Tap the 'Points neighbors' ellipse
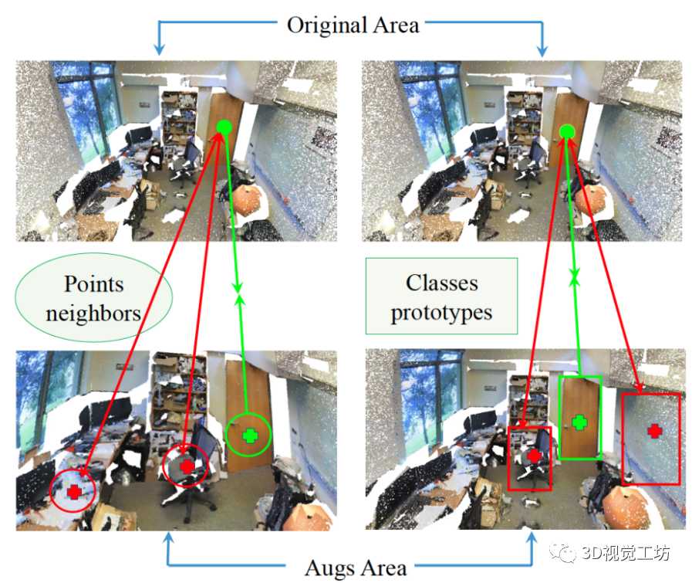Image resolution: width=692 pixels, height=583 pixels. pyautogui.click(x=93, y=297)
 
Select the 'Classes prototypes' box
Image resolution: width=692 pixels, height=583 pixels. pyautogui.click(x=441, y=297)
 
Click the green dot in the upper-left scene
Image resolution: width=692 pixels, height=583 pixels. pyautogui.click(x=224, y=127)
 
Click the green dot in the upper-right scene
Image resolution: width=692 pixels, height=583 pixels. pyautogui.click(x=567, y=133)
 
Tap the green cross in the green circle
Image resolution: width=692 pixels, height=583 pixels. pyautogui.click(x=249, y=435)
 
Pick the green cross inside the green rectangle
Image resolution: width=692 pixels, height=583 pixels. pyautogui.click(x=579, y=422)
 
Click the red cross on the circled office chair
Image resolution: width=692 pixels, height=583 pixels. pyautogui.click(x=187, y=466)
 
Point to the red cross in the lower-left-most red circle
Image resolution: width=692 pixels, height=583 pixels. pyautogui.click(x=74, y=491)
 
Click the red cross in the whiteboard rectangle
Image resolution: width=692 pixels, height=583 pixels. pyautogui.click(x=654, y=430)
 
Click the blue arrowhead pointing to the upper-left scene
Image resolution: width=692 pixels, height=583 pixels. pyautogui.click(x=160, y=49)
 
